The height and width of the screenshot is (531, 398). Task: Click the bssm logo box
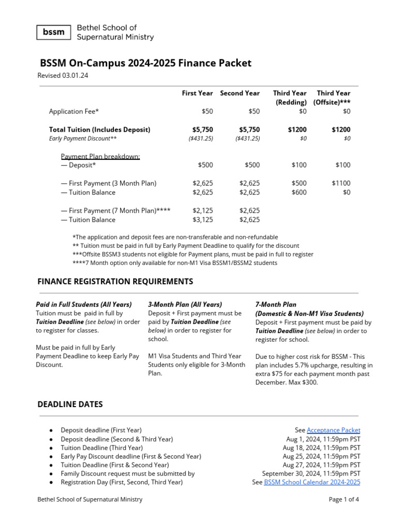(x=54, y=32)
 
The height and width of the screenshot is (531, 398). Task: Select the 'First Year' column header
(x=197, y=93)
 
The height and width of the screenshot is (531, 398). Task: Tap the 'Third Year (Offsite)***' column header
(x=333, y=97)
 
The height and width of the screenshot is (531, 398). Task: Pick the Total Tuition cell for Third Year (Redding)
(x=297, y=130)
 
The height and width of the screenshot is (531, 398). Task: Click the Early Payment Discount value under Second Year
(x=247, y=138)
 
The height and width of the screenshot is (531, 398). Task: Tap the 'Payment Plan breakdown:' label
(x=100, y=157)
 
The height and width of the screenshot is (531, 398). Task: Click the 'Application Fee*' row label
(x=74, y=111)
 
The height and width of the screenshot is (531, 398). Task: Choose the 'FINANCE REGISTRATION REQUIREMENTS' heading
(x=115, y=282)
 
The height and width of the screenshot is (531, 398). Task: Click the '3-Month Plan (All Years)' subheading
(x=185, y=304)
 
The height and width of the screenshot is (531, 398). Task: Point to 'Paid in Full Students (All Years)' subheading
(x=83, y=304)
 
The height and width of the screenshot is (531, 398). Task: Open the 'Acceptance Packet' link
(x=333, y=430)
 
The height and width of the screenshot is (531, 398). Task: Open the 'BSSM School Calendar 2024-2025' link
(x=312, y=482)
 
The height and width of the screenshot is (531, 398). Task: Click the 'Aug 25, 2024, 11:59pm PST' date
(x=321, y=456)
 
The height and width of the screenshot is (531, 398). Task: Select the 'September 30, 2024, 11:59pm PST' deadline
(x=311, y=473)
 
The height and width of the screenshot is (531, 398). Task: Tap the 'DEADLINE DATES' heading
(x=70, y=404)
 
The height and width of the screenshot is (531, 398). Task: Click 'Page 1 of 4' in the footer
(x=344, y=499)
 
